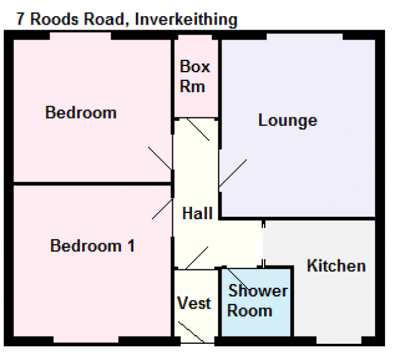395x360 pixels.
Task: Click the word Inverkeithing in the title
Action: coord(186,19)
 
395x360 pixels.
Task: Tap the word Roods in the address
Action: coord(54,19)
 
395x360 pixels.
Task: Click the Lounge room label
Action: coord(288,121)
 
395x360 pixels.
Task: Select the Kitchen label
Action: coord(336,266)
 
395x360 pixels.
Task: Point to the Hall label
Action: coord(197,213)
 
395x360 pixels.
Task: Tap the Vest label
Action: coord(194,303)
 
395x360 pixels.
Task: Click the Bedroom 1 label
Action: coord(93,246)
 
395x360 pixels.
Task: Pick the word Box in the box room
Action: coord(195,67)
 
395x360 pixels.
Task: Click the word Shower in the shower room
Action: coord(258,291)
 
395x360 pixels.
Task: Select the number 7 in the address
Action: coord(20,19)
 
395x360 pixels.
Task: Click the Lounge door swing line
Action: coord(233,174)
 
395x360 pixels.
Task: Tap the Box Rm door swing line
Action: coord(198,130)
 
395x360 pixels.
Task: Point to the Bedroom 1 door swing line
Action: coord(162,209)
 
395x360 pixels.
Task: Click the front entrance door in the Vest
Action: coord(191,332)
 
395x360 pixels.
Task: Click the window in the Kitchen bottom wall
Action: coord(339,340)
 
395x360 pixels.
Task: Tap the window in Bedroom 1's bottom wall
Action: coord(86,340)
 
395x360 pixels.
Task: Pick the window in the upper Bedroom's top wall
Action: coord(80,36)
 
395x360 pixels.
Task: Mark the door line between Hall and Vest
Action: coord(197,258)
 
